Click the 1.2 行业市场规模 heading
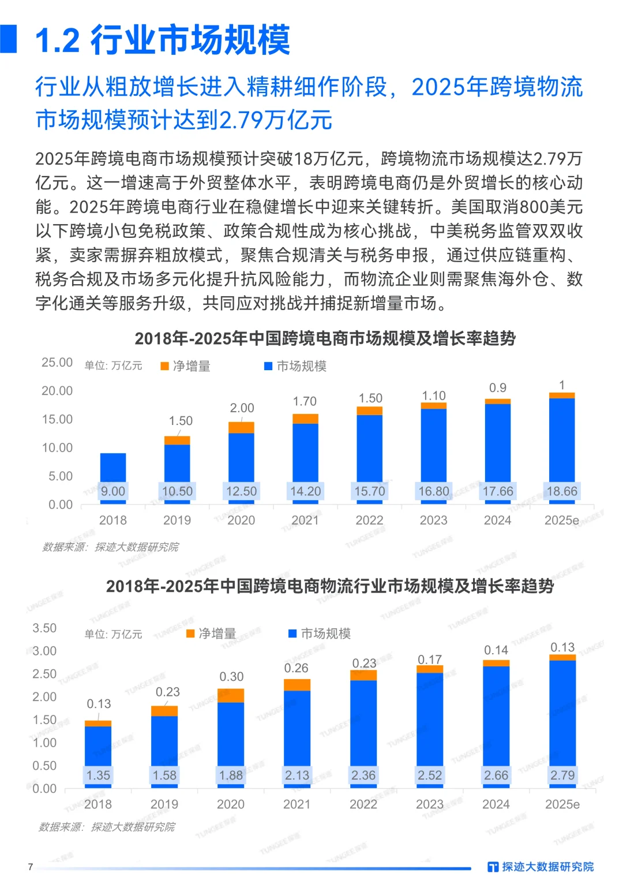point(162,40)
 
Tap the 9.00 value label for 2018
point(112,491)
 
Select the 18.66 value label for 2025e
point(562,491)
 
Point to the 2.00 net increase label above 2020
point(242,408)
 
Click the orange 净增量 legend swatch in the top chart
point(164,366)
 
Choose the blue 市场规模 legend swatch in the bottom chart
point(292,633)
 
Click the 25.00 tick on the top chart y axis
point(57,363)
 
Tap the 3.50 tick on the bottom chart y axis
point(44,628)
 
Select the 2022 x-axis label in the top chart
point(369,520)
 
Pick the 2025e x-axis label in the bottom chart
point(562,804)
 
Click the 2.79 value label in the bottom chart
point(562,776)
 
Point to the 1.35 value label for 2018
point(98,776)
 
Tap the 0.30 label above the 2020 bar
point(231,677)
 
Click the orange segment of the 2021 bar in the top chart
point(305,419)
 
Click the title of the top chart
point(325,338)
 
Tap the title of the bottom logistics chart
point(329,587)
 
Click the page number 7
point(31,867)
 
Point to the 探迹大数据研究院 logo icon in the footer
point(493,867)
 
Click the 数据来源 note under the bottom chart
point(107,827)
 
